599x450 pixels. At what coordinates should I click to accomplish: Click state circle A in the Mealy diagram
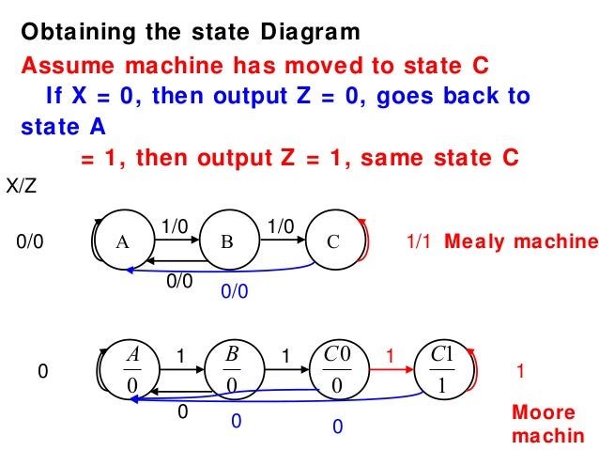122,241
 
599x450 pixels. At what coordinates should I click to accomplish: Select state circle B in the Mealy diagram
226,241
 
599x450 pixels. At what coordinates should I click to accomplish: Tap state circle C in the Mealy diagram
332,241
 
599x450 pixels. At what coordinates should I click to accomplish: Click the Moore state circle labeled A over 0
131,370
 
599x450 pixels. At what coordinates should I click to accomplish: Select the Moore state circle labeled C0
336,370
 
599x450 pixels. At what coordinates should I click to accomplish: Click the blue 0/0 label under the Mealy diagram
234,292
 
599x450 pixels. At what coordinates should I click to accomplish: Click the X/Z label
22,188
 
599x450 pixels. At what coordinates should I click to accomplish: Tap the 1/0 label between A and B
175,225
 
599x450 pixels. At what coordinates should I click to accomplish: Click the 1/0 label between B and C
280,225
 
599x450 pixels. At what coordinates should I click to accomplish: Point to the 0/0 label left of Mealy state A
31,241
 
